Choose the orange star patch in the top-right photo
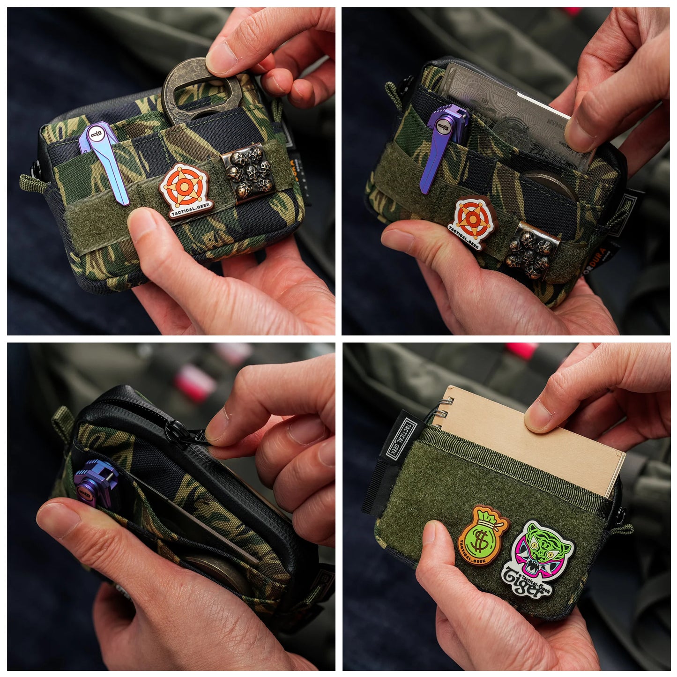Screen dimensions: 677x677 (x=474, y=221)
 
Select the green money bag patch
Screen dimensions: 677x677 (x=483, y=536)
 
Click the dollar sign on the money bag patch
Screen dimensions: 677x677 (x=481, y=539)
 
